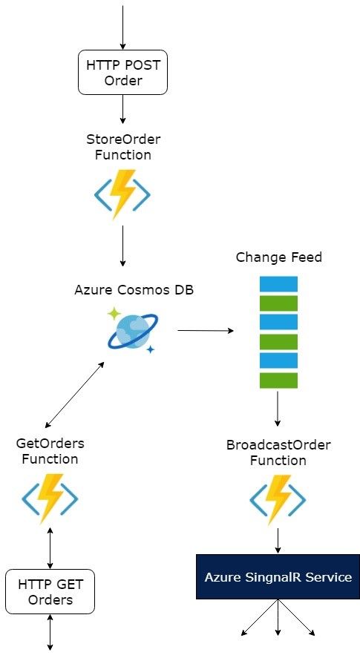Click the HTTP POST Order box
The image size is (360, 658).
pyautogui.click(x=122, y=72)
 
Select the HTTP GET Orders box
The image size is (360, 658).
pyautogui.click(x=50, y=592)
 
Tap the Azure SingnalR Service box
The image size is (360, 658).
pyautogui.click(x=278, y=576)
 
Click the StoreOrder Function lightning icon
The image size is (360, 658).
pyautogui.click(x=122, y=194)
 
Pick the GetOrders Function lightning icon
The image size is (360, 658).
pyautogui.click(x=50, y=499)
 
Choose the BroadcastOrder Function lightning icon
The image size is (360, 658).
pyautogui.click(x=278, y=500)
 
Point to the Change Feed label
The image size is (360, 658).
pyautogui.click(x=279, y=257)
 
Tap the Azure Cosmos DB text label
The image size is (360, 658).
pyautogui.click(x=134, y=290)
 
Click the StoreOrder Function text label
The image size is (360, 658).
pyautogui.click(x=123, y=147)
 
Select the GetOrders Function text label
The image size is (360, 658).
pyautogui.click(x=50, y=451)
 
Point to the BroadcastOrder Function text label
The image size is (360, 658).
pyautogui.click(x=278, y=453)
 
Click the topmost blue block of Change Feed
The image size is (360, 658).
pyautogui.click(x=278, y=284)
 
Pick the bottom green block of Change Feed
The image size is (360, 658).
pyautogui.click(x=278, y=381)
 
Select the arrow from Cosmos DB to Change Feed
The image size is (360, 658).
pyautogui.click(x=206, y=331)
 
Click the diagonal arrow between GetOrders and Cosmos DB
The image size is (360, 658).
pyautogui.click(x=74, y=395)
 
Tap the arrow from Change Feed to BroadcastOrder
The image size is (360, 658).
pyautogui.click(x=278, y=408)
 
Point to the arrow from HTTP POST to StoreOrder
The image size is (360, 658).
pyautogui.click(x=122, y=109)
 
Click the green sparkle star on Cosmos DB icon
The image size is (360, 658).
pyautogui.click(x=114, y=314)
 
